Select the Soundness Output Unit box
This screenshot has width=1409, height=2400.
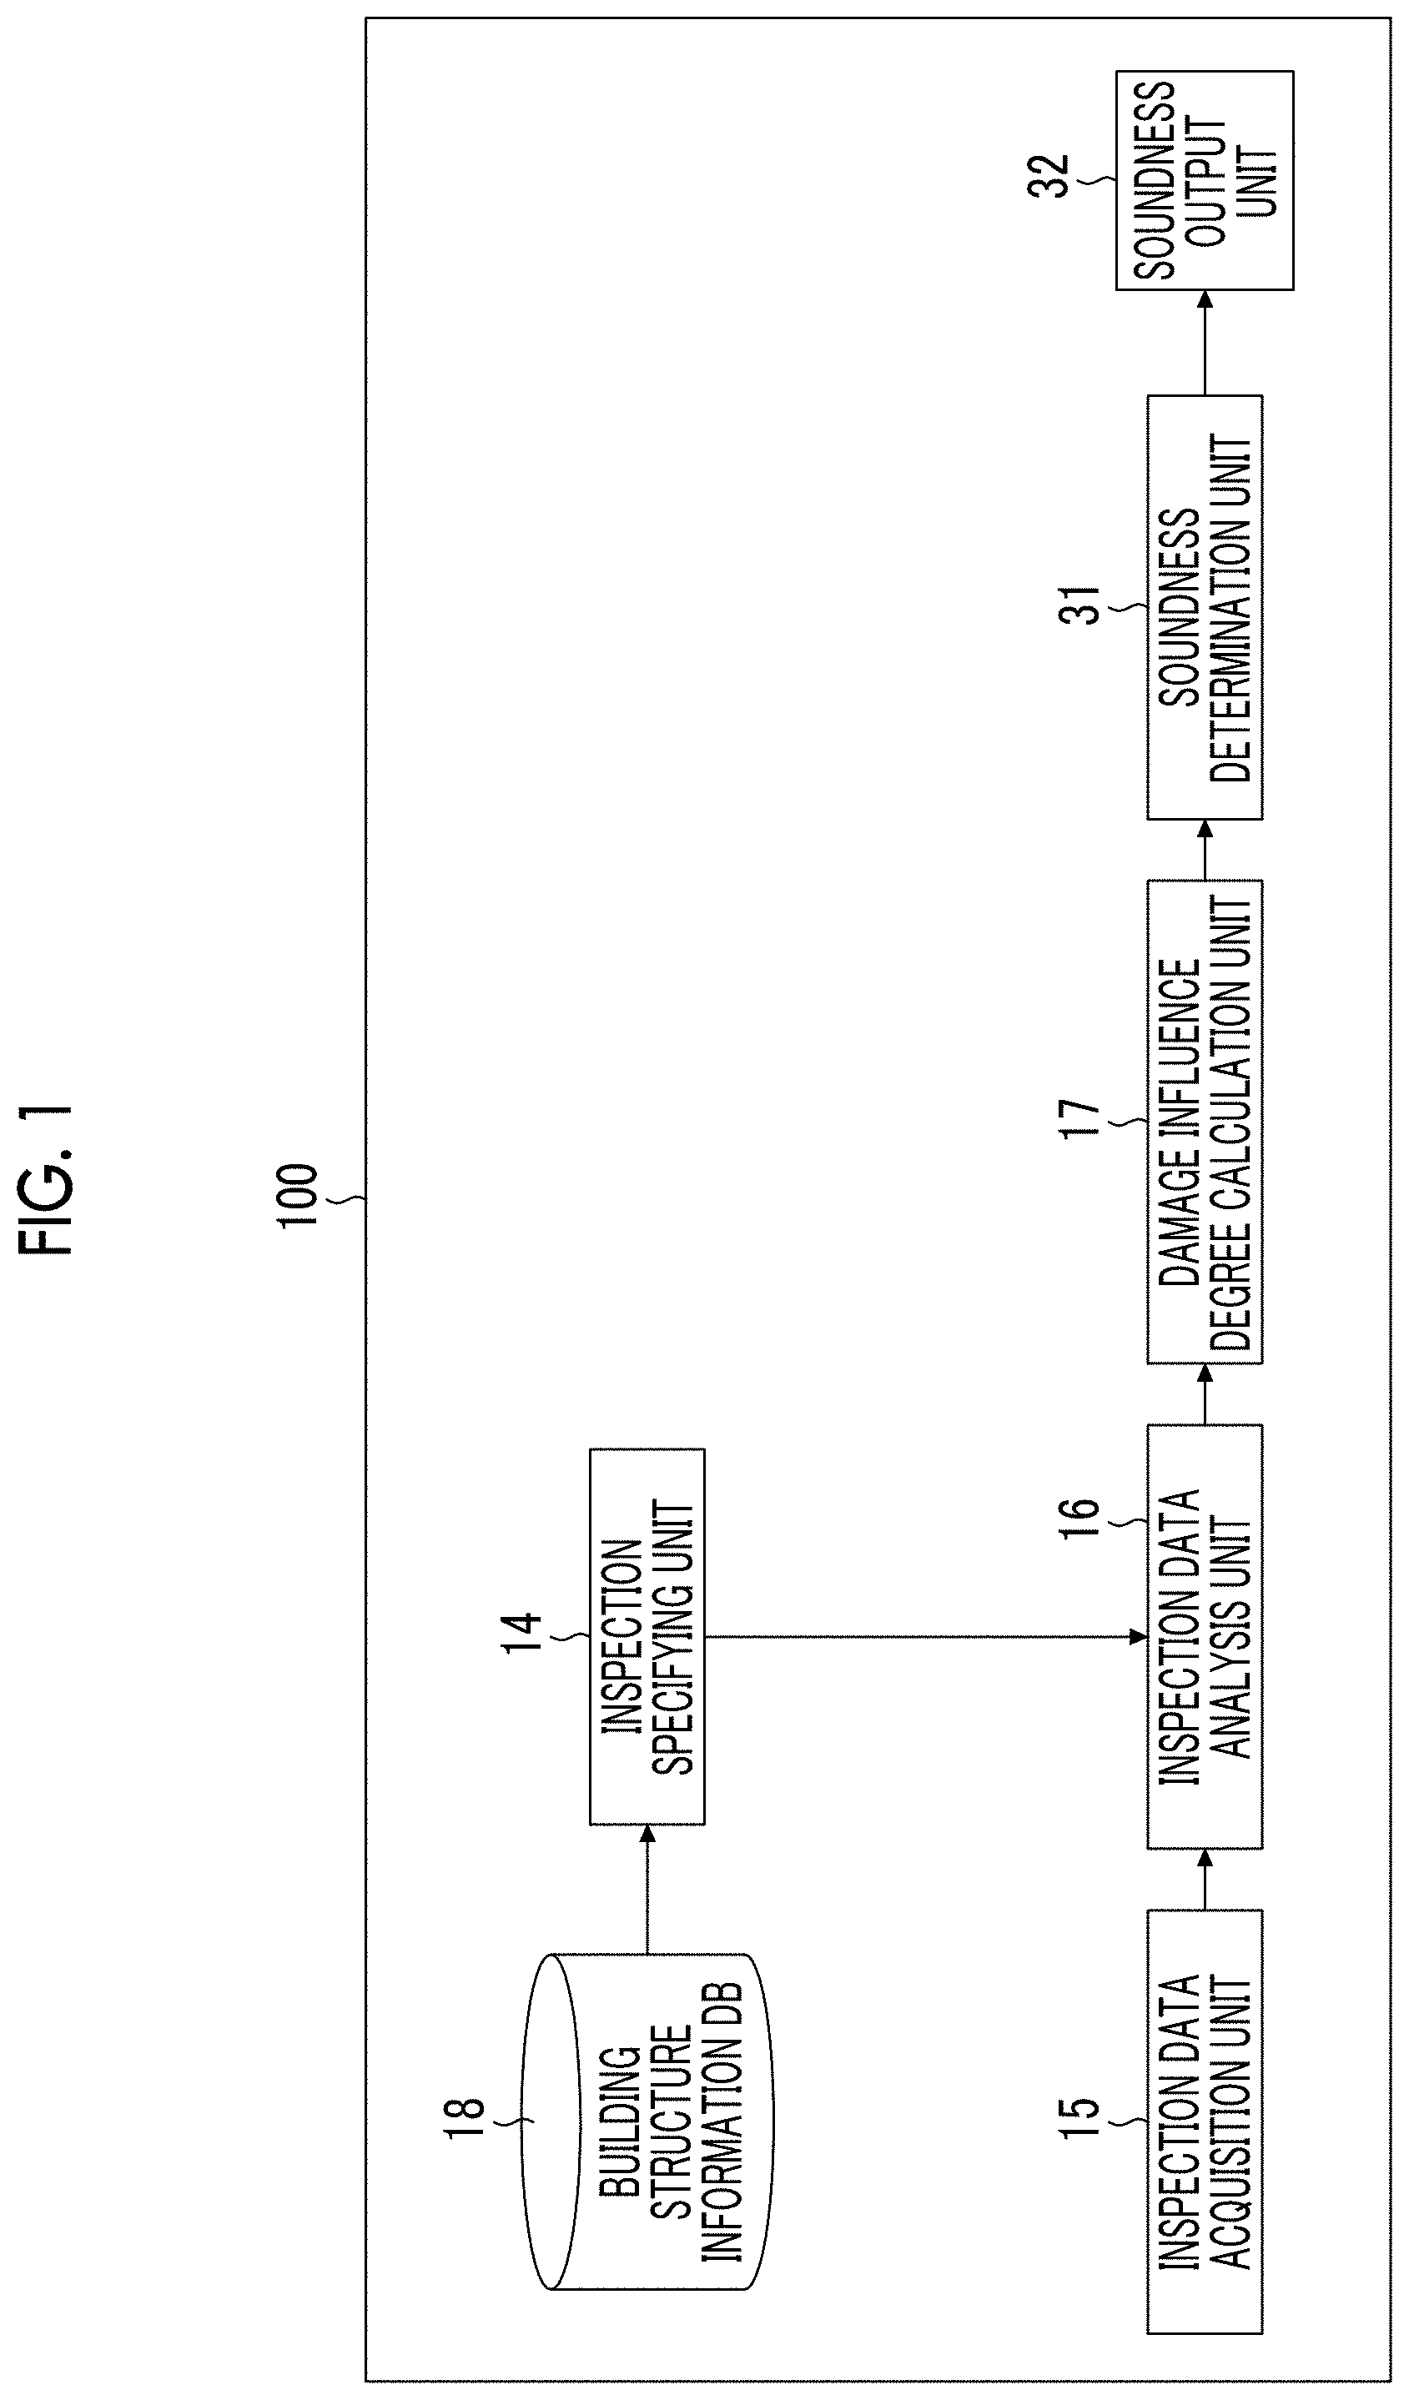[1204, 180]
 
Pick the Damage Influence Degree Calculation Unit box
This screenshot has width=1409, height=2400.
[1204, 1121]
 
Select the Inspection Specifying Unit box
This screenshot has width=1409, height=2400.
[647, 1636]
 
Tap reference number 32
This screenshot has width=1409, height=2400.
[1049, 176]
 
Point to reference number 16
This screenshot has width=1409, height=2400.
[1079, 1517]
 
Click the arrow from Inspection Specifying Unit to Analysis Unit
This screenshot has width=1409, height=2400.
[924, 1637]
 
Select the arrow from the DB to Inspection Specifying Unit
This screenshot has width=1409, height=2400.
[647, 1888]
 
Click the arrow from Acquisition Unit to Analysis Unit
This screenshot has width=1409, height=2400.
[1204, 1878]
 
